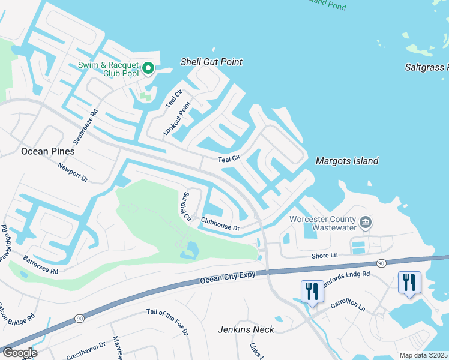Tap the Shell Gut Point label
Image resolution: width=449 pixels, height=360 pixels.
point(211,62)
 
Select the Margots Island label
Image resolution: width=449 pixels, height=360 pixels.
point(347,161)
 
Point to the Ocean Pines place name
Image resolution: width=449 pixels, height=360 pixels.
point(48,151)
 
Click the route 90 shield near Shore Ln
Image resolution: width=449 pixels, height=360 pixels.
point(381,263)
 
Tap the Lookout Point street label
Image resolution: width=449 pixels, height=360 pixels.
point(176,118)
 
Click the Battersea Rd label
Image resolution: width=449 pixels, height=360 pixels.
point(40,264)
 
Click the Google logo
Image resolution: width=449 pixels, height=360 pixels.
point(19,353)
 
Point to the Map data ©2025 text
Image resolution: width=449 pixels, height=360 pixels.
point(423,355)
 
